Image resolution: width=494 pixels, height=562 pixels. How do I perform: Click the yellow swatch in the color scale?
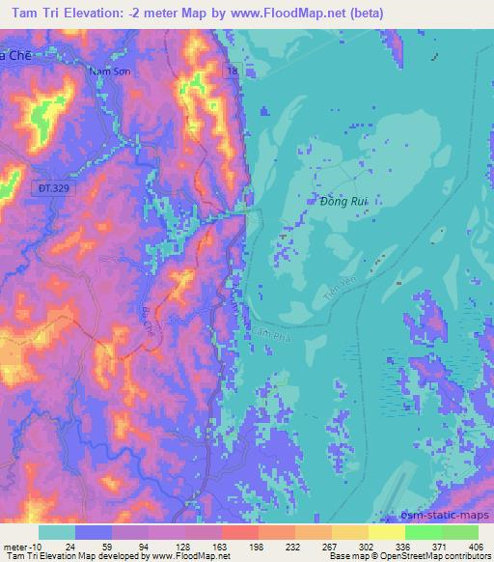pos(385,532)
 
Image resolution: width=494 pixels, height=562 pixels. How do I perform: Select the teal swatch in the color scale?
pos(57,532)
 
